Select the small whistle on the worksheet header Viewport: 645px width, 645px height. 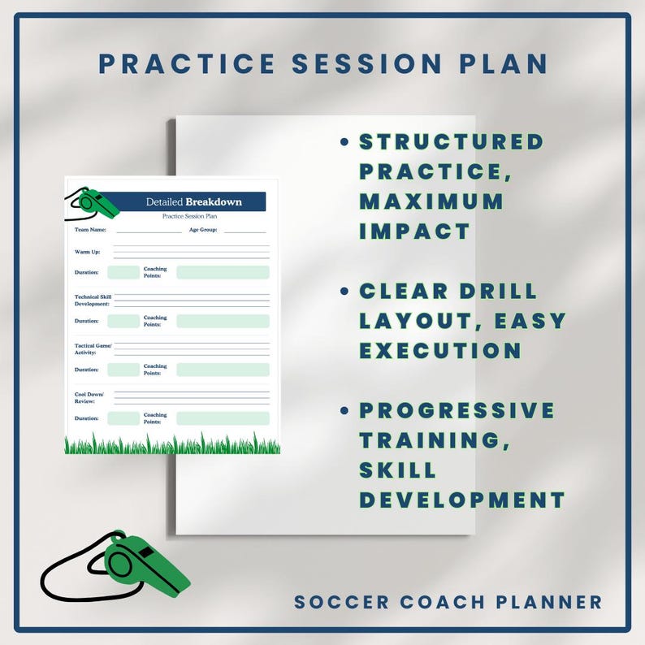pyautogui.click(x=97, y=204)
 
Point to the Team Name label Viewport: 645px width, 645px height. pyautogui.click(x=90, y=230)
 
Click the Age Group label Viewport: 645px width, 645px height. pyautogui.click(x=202, y=230)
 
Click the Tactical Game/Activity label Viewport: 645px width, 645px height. pyautogui.click(x=92, y=349)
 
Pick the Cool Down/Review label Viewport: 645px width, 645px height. pyautogui.click(x=89, y=398)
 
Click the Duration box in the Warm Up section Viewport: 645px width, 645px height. pyautogui.click(x=123, y=273)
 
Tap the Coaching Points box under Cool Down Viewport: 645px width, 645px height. pyautogui.click(x=223, y=418)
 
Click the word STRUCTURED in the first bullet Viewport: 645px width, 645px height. pyautogui.click(x=452, y=141)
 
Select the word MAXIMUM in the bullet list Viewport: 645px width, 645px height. pyautogui.click(x=431, y=201)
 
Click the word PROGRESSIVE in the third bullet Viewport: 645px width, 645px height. pyautogui.click(x=457, y=409)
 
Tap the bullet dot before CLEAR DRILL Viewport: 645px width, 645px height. pyautogui.click(x=344, y=291)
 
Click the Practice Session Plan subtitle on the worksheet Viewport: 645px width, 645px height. pyautogui.click(x=189, y=216)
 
